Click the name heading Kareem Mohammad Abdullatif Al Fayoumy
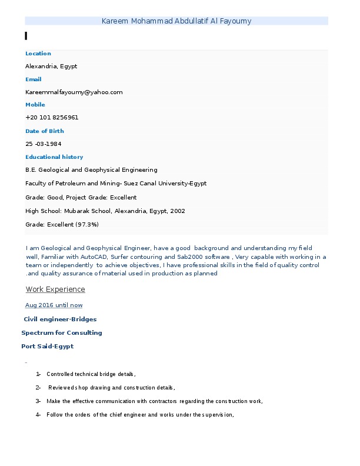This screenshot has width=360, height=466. (x=176, y=21)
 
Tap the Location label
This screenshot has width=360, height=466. (x=38, y=54)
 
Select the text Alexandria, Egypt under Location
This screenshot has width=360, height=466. (x=51, y=66)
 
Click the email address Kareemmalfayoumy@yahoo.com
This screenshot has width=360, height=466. (x=74, y=92)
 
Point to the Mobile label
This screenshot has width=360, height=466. (x=35, y=105)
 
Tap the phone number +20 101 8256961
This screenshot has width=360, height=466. (x=52, y=118)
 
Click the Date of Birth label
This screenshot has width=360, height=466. (x=44, y=131)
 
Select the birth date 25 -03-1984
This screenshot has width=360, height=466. (x=44, y=144)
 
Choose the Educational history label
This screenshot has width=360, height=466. (x=54, y=157)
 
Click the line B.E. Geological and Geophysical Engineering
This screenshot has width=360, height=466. (x=91, y=170)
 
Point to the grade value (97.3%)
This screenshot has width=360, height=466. (x=86, y=225)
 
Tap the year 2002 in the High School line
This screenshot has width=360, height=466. (x=177, y=211)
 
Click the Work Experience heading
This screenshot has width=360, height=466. (x=55, y=289)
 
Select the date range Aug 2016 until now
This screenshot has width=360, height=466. (x=54, y=305)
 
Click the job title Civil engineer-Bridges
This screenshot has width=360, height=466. (x=60, y=319)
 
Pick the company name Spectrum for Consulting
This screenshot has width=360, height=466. (x=62, y=333)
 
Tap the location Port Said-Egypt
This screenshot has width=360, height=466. (x=48, y=347)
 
